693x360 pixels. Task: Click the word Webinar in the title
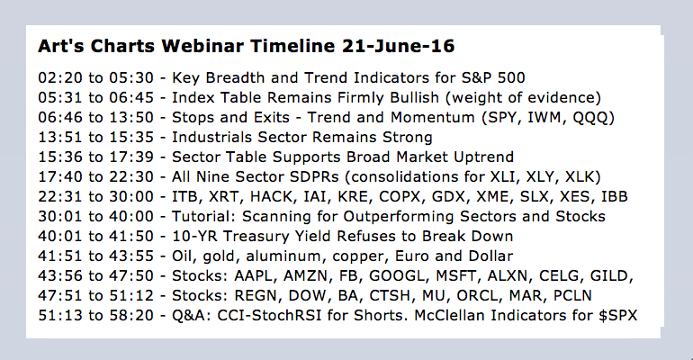coord(202,46)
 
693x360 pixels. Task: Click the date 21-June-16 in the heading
coord(398,46)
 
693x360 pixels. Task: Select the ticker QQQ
coord(591,118)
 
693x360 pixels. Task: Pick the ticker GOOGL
coord(396,275)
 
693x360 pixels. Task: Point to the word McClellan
coord(449,315)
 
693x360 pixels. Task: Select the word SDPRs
coord(314,176)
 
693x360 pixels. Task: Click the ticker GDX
coord(448,196)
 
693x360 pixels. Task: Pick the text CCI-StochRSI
coord(270,315)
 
